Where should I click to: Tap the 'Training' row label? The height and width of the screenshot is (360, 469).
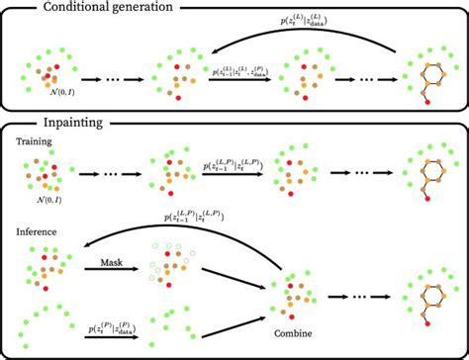coord(36,142)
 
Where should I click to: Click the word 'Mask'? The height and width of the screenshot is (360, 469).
coord(112,263)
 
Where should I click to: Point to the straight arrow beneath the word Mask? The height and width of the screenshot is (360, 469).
coord(112,275)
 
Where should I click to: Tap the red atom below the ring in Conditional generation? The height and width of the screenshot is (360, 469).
coord(426,100)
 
